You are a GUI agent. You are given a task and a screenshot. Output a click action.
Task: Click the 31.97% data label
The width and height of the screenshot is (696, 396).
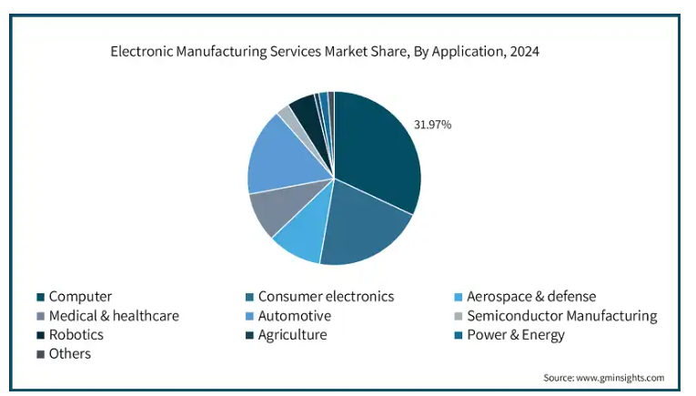pos(433,124)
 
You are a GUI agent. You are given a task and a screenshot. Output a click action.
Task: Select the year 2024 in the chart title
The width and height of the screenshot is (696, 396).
pos(523,52)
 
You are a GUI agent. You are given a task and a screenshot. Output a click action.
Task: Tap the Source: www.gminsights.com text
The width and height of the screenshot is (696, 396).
pos(603,377)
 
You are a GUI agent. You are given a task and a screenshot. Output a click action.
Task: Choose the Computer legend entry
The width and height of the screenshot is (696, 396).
pos(80,297)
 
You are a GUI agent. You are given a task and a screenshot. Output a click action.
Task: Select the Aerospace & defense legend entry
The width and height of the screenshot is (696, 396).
pos(530,297)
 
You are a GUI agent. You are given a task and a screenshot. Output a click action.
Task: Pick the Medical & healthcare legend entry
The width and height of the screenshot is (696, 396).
pos(114,316)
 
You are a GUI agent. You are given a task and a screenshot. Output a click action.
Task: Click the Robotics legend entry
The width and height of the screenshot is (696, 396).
pos(76,335)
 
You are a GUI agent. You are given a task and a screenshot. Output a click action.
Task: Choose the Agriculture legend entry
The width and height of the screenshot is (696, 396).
pos(292,335)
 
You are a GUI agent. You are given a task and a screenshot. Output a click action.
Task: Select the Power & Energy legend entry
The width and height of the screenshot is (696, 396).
pos(515,335)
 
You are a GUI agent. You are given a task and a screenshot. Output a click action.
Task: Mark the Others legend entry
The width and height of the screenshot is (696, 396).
pos(70,353)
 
